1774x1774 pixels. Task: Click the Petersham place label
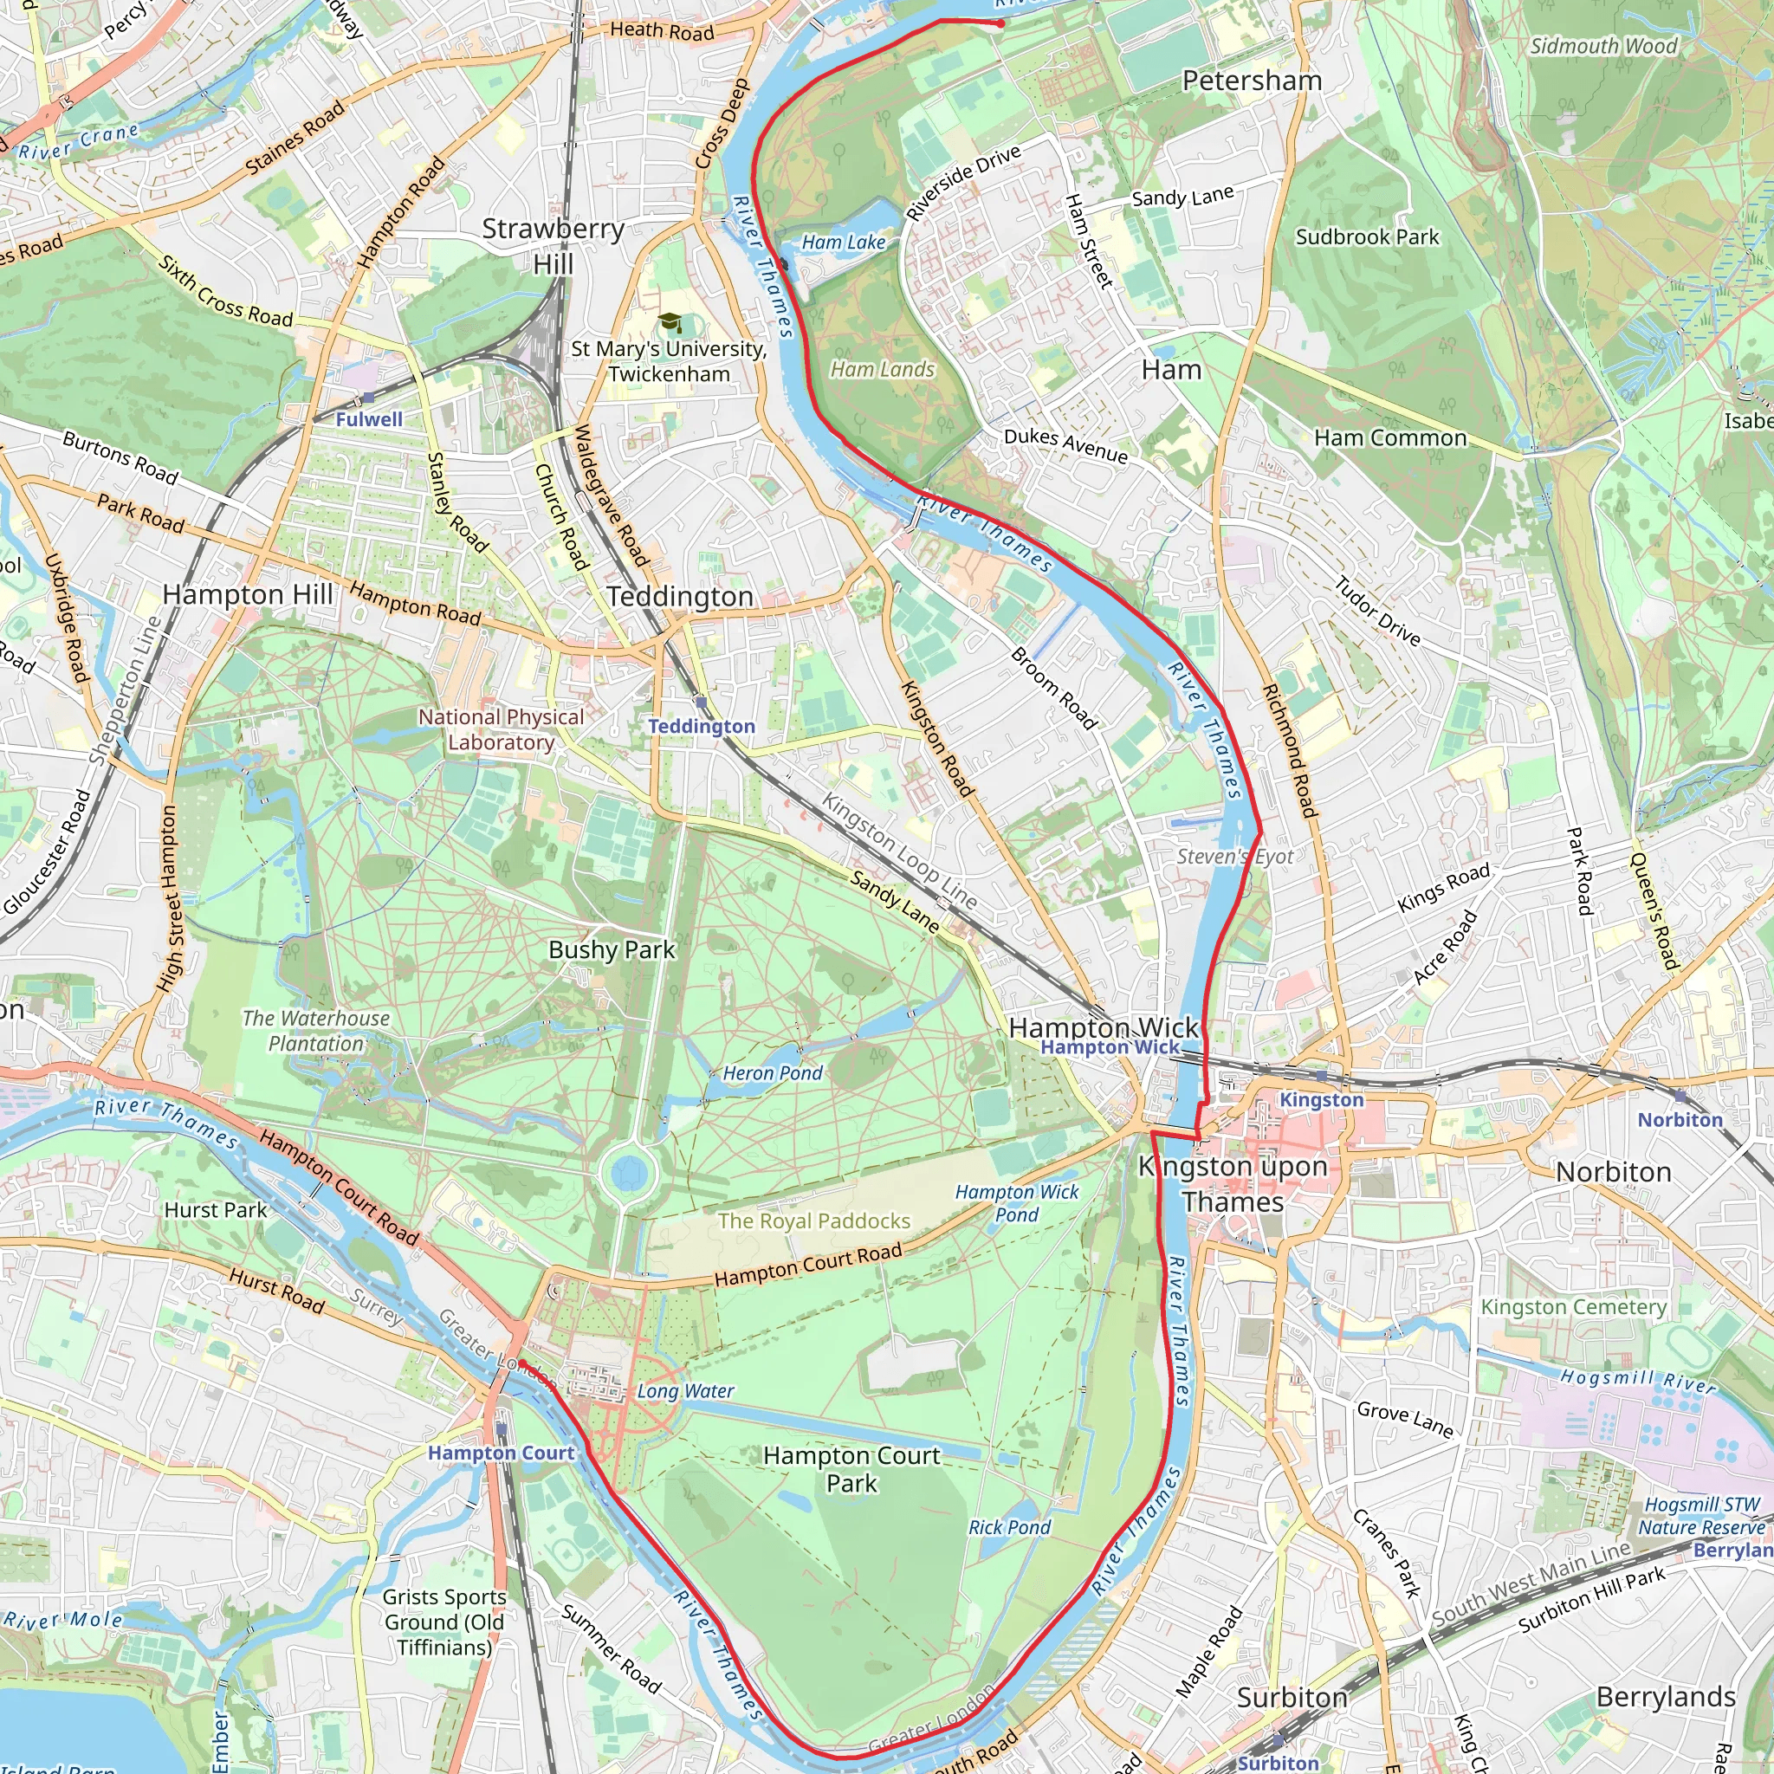click(1252, 81)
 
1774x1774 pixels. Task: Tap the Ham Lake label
click(843, 243)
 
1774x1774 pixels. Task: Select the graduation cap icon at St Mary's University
click(670, 321)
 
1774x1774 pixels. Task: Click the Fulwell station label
click(369, 419)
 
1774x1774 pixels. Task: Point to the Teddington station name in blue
click(702, 726)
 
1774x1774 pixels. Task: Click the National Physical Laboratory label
click(502, 729)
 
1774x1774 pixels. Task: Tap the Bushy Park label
click(612, 949)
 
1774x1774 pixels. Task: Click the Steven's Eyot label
click(1235, 857)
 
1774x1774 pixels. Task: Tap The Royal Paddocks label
click(813, 1220)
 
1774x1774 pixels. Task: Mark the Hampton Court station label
click(501, 1453)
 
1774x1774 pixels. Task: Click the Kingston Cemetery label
click(1574, 1306)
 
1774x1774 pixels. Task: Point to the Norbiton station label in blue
click(1680, 1119)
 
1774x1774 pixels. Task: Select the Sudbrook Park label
click(1367, 236)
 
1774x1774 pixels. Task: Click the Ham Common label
click(1390, 438)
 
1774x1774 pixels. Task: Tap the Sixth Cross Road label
click(226, 292)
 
